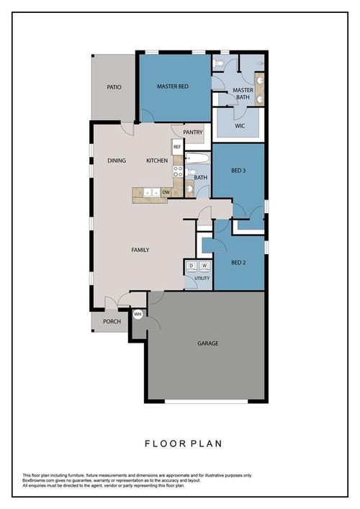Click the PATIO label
coord(114,87)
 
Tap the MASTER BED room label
coord(173,87)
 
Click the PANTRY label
coord(192,132)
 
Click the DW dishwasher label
coord(166,192)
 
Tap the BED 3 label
coord(239,171)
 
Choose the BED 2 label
coord(239,263)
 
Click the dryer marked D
coord(191,266)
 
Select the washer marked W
coord(204,266)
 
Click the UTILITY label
coord(202,278)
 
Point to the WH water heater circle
coord(138,314)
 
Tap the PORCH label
coord(112,322)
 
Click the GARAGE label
coord(207,343)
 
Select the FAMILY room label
coord(140,251)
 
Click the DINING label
coord(117,161)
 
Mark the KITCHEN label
coord(157,161)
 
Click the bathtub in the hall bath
coord(197,158)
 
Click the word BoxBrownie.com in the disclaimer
coord(40,480)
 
